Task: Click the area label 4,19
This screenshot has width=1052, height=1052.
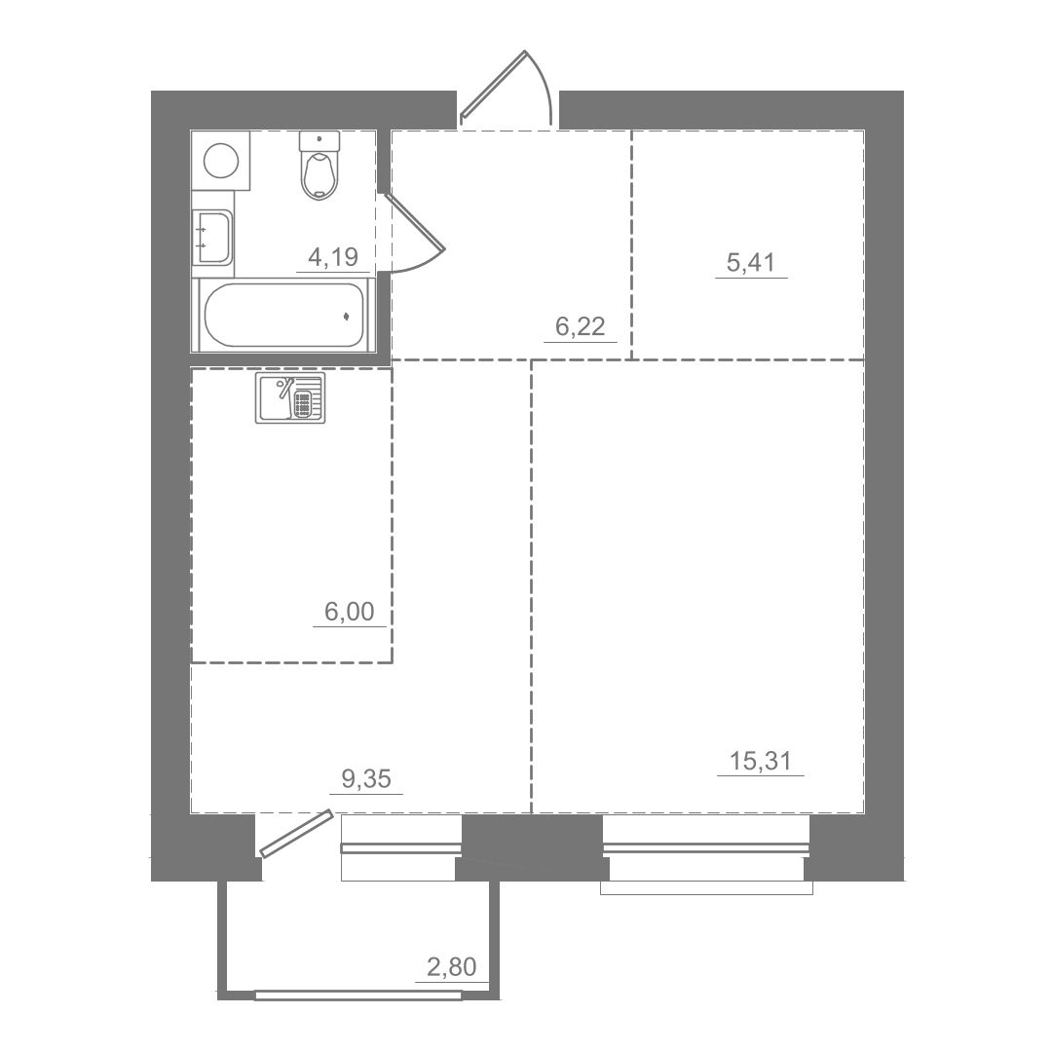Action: [x=333, y=256]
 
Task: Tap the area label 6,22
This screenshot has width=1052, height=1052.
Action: [x=581, y=326]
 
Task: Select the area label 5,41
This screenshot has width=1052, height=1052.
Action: [x=751, y=262]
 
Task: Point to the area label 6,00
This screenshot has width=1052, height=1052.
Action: [x=349, y=611]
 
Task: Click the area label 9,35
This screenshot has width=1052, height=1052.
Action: [x=366, y=779]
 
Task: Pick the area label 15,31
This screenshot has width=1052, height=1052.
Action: [x=760, y=761]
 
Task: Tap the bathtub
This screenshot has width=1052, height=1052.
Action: [x=283, y=316]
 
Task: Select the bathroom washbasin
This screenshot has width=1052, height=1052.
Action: [x=212, y=237]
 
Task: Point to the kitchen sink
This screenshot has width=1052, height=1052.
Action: [x=290, y=397]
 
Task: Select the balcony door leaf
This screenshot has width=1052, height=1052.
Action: [x=296, y=833]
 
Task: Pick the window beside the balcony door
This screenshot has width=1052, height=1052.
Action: [x=401, y=848]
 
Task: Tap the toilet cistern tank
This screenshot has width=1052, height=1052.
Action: [x=319, y=141]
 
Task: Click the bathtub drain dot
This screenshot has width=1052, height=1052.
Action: [x=346, y=316]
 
